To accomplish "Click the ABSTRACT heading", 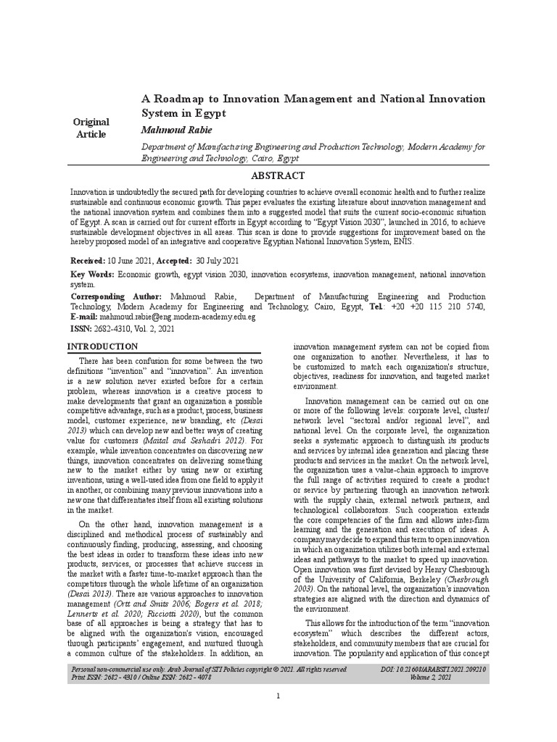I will (278, 176).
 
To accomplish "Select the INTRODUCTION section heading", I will (102, 346).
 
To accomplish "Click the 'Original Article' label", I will (91, 128).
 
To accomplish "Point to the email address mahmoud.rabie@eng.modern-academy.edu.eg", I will (178, 317).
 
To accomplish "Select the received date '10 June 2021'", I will (131, 260).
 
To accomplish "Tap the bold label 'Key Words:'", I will (92, 275).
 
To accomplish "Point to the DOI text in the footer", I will (433, 670).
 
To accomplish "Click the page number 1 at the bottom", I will (278, 696).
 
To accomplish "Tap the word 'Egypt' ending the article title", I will (210, 114).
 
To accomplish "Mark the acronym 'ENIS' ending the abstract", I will (401, 242).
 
